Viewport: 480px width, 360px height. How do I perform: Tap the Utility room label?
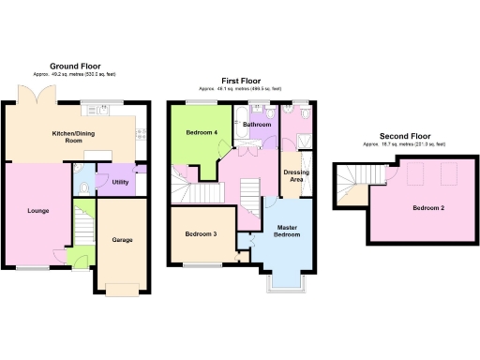(121, 182)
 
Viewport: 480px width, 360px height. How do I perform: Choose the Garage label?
(122, 240)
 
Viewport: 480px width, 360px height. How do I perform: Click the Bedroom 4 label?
(202, 132)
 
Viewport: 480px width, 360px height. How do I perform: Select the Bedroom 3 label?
(201, 233)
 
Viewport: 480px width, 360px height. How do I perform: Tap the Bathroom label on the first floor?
(257, 125)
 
